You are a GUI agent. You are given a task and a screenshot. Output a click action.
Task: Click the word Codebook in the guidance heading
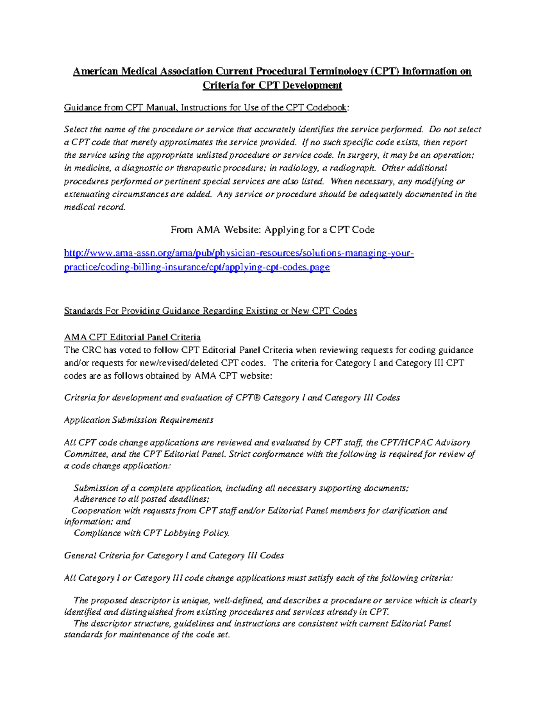coord(327,108)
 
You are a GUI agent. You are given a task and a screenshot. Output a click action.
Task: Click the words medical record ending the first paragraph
coord(94,207)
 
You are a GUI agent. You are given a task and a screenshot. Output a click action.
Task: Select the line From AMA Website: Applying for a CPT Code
coord(272,230)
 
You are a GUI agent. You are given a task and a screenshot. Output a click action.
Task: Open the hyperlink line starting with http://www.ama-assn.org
coord(239,253)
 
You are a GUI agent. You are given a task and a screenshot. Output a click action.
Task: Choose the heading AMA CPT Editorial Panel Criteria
coord(132,337)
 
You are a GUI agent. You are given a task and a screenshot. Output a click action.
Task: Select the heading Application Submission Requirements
coord(139,420)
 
